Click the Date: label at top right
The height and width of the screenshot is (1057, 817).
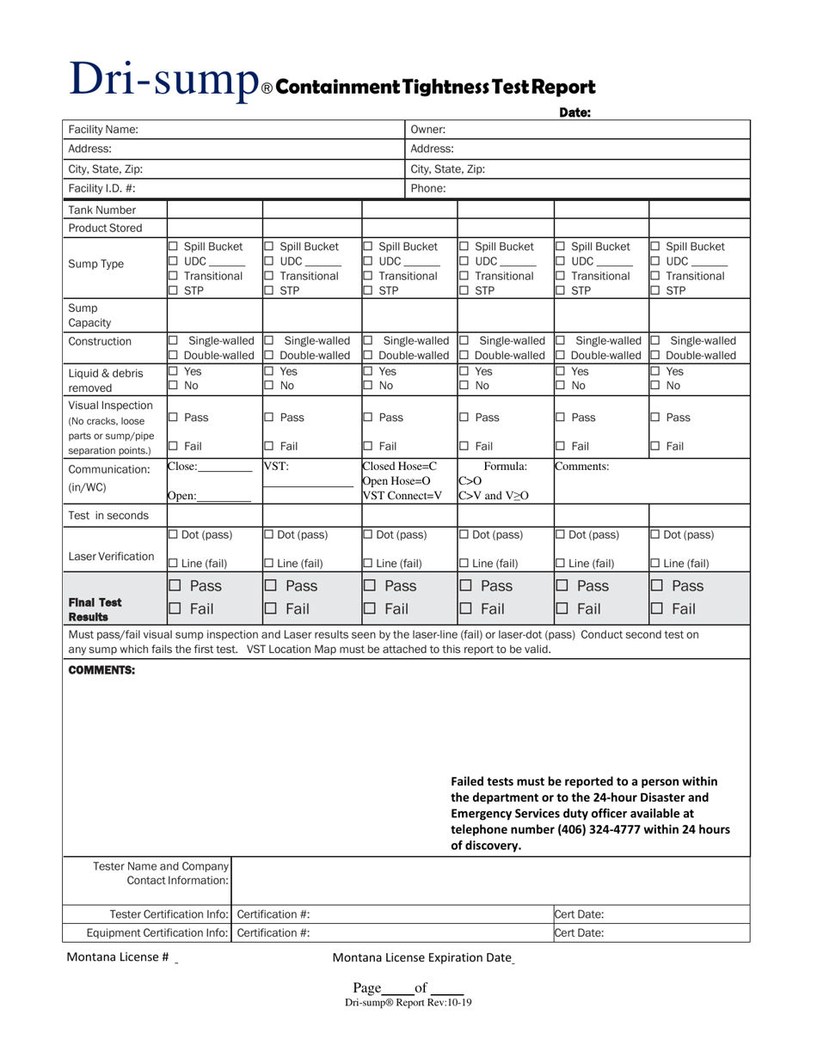[x=574, y=112]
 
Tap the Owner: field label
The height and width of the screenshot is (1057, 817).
[x=427, y=130]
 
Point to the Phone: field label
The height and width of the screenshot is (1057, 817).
[x=428, y=188]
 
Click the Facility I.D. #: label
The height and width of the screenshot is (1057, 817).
[x=101, y=188]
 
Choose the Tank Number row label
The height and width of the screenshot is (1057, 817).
[x=102, y=210]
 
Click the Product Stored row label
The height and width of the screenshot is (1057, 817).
[x=105, y=228]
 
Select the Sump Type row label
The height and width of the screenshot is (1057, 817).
[x=95, y=264]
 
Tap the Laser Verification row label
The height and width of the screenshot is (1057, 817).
[x=112, y=556]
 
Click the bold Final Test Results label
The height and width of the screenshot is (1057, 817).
[x=95, y=609]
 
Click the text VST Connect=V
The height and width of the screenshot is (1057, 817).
[x=402, y=495]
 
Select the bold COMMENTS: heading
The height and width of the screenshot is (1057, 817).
[x=101, y=670]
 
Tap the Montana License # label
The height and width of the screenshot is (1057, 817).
[x=117, y=957]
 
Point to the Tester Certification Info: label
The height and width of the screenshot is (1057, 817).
[x=169, y=913]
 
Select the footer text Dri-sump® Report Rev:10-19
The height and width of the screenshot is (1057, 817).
[x=408, y=1002]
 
